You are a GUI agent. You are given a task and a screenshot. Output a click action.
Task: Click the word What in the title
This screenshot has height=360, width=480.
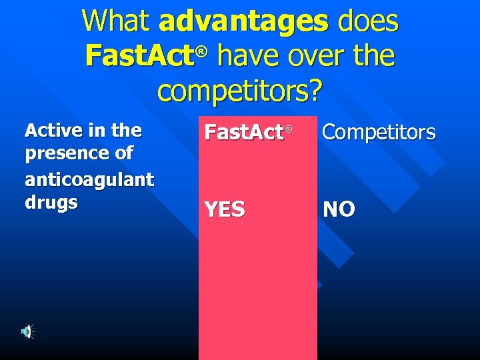coord(117,21)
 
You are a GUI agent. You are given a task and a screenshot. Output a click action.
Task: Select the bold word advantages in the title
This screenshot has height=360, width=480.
coord(244,21)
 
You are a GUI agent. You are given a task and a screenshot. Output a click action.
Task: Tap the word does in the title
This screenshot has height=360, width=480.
coord(367,21)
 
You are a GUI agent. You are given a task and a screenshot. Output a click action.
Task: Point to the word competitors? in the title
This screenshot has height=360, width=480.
coord(239,89)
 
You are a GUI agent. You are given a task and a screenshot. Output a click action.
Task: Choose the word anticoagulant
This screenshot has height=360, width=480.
coord(89,179)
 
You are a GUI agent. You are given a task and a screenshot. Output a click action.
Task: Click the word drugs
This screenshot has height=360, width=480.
coord(51,202)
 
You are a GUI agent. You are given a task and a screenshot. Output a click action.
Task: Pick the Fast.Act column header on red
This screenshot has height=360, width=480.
coord(244,133)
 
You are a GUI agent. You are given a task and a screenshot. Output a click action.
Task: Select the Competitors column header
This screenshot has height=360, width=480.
coord(379,133)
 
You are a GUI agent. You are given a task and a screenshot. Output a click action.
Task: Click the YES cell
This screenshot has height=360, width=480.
coord(225,210)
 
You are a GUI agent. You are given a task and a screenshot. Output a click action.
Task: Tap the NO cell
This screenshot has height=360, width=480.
coord(339,210)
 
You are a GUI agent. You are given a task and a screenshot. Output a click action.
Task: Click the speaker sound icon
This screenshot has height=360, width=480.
coord(27,331)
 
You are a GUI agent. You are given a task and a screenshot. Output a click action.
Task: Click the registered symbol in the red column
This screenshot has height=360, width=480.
coord(289,128)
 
